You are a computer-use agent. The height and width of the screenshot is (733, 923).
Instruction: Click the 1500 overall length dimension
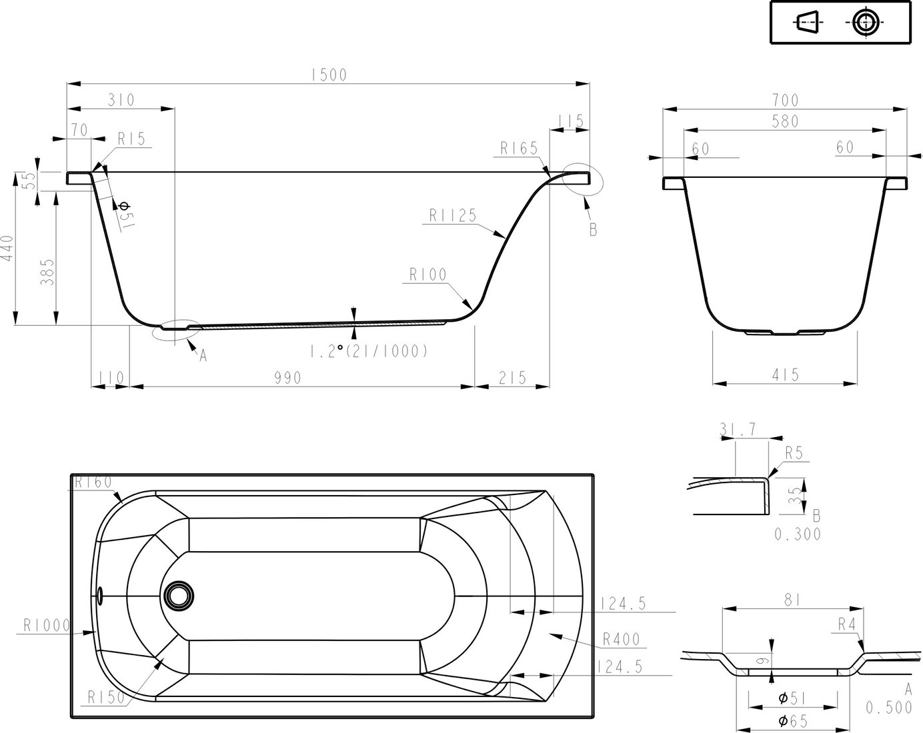(329, 75)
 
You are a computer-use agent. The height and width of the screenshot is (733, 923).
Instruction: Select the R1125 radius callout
(453, 215)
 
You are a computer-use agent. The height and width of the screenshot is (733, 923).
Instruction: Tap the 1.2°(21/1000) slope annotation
(369, 351)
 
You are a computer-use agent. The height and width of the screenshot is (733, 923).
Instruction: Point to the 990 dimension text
(288, 378)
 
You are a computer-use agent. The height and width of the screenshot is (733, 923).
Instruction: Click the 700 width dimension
(786, 101)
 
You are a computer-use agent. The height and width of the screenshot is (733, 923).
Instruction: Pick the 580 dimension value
(786, 121)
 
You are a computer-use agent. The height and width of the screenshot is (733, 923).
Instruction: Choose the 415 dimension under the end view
(786, 374)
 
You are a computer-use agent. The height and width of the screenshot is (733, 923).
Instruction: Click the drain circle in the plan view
(179, 596)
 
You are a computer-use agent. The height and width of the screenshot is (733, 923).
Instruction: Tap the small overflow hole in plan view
(99, 596)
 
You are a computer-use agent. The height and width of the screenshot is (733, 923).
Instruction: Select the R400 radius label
(622, 640)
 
